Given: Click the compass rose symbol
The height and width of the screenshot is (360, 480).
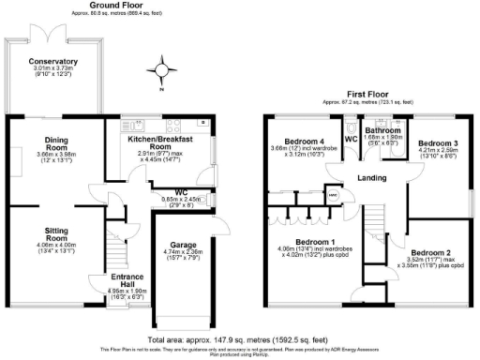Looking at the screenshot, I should [166, 69].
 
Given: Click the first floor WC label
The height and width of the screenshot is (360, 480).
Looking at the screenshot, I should [350, 139].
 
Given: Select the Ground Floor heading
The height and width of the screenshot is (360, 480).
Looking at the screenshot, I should [111, 5].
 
